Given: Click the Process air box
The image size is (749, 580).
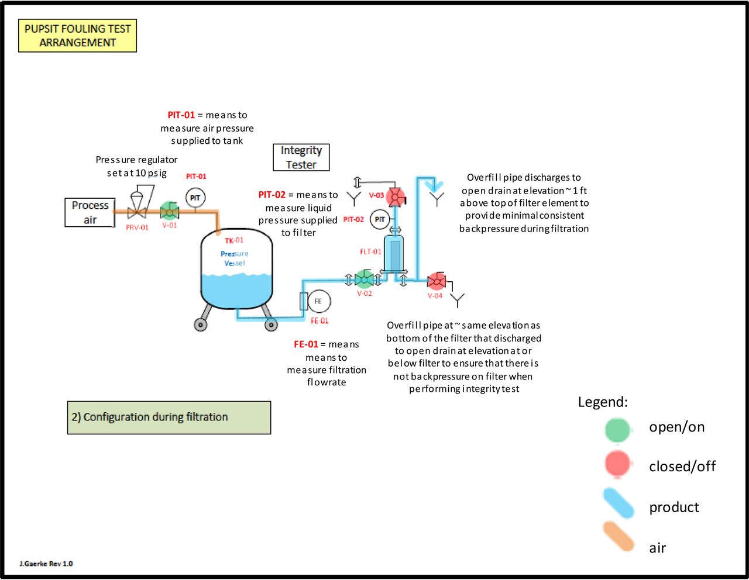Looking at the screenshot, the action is [90, 212].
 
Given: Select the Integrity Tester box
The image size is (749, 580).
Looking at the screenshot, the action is [301, 157].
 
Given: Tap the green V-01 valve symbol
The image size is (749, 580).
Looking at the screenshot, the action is [169, 211].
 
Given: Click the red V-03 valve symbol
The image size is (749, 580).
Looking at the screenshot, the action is [396, 198].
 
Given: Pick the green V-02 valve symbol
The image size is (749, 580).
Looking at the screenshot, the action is [364, 279].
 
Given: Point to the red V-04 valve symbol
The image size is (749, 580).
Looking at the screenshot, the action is [437, 281].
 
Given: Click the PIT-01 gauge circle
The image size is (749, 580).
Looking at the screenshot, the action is [195, 198].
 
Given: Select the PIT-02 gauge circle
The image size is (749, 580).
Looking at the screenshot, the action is [380, 219].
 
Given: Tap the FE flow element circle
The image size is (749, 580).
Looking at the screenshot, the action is [318, 301].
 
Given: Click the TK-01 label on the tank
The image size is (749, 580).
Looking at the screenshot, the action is [234, 240].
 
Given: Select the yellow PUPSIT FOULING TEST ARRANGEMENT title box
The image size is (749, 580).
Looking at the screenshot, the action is [78, 36].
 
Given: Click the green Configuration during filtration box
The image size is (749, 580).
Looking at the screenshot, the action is [169, 417].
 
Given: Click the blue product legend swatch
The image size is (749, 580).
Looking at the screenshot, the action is [619, 503].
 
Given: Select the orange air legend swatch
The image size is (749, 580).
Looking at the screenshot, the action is [619, 537].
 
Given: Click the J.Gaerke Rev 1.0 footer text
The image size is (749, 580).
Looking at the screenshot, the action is [46, 564].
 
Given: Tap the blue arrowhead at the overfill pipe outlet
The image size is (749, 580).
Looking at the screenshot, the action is [434, 187].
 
